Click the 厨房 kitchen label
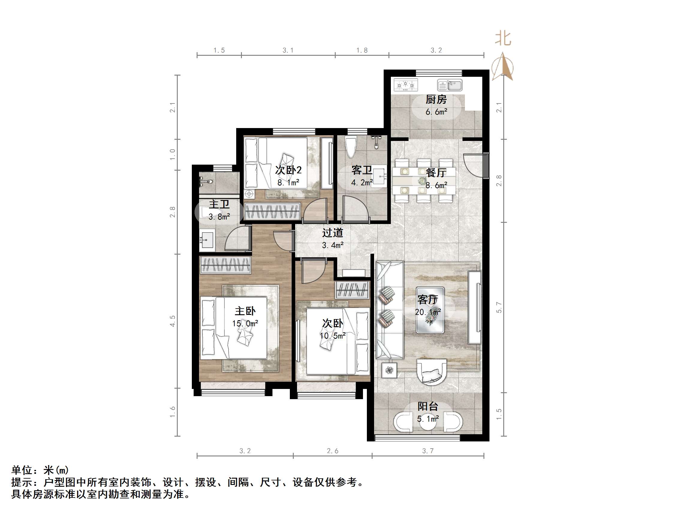(436, 100)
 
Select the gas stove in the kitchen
(406, 85)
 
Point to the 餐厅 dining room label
(436, 172)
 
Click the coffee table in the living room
(430, 310)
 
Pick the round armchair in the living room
(432, 372)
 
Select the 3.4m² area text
(332, 246)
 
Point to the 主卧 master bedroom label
(245, 311)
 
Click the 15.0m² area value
(245, 323)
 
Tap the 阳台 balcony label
(428, 407)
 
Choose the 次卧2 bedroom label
(288, 170)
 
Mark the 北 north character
(503, 39)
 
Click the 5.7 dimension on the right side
(499, 307)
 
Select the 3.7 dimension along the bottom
(428, 451)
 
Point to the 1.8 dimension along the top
(362, 50)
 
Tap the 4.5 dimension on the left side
(172, 321)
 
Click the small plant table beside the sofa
(389, 370)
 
